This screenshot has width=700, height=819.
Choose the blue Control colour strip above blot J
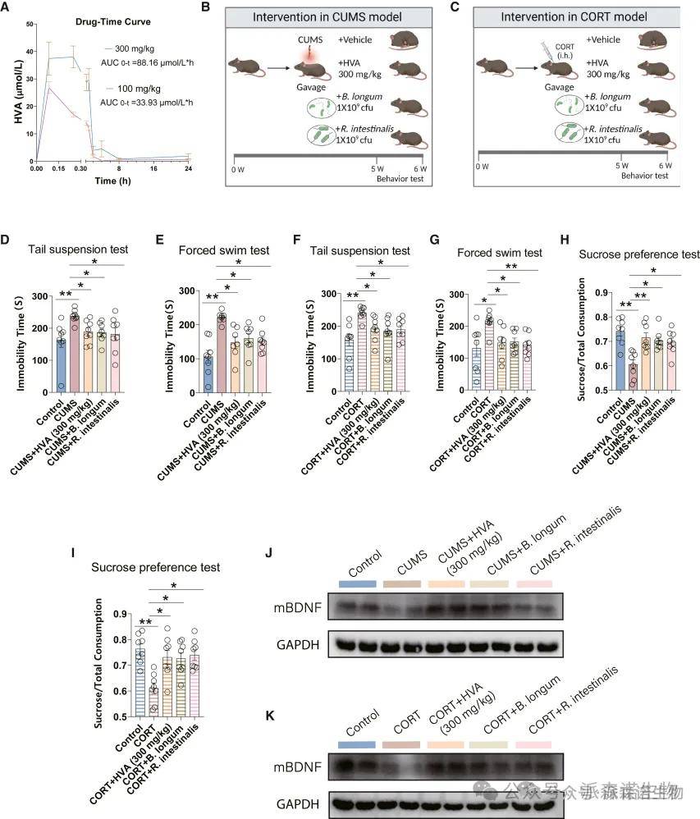click(x=357, y=583)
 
